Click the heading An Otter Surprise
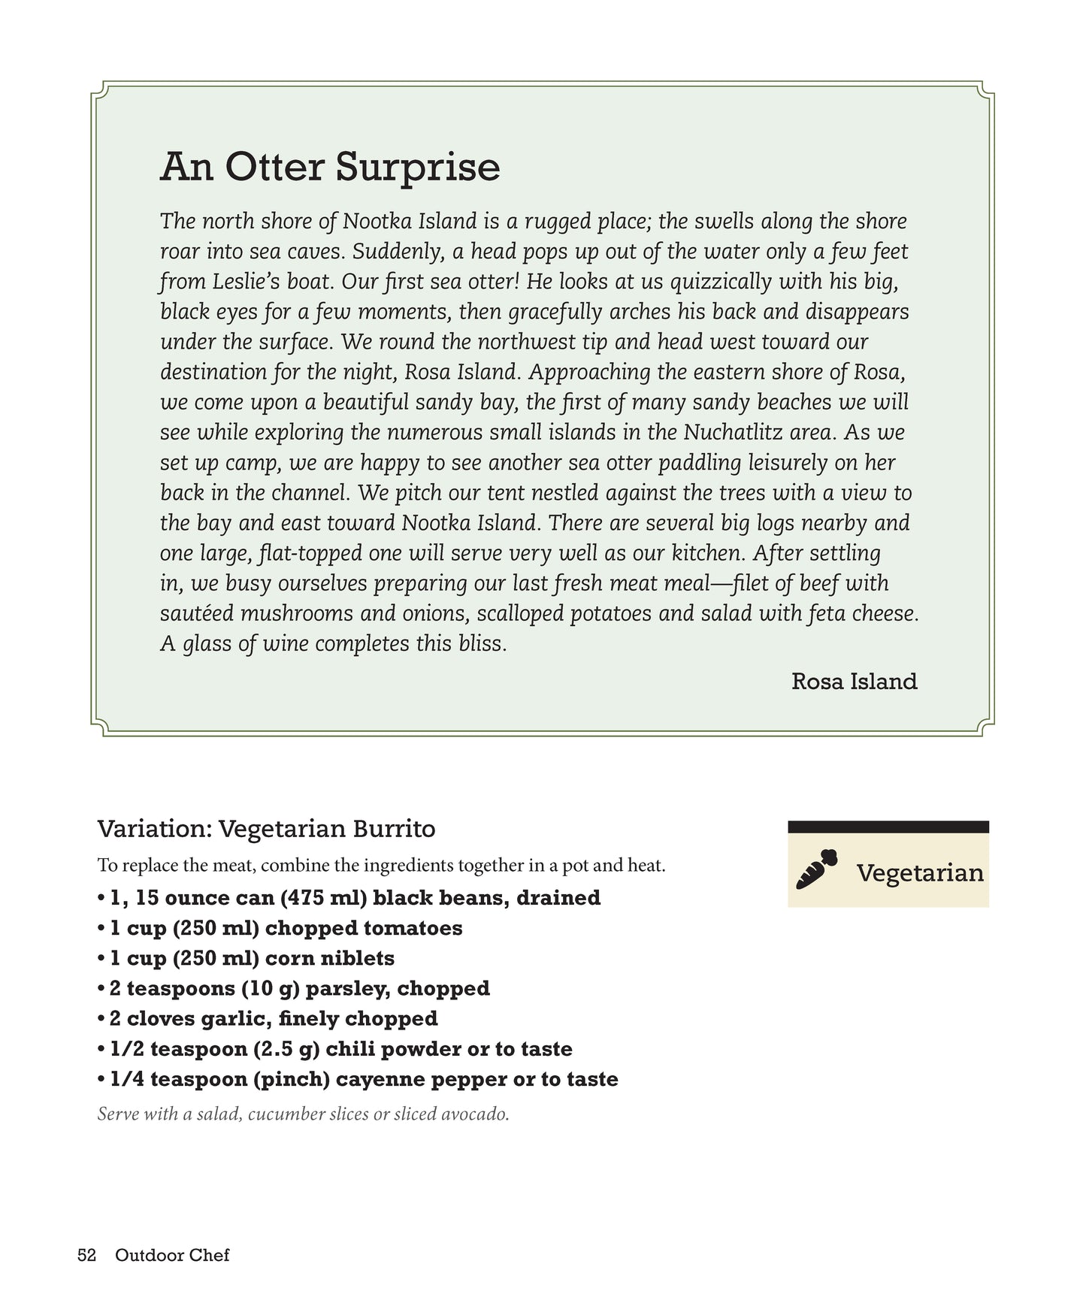coord(330,167)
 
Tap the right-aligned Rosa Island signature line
coord(854,682)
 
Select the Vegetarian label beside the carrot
coord(920,873)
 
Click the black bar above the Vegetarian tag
coord(888,827)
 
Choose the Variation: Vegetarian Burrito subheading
coord(267,830)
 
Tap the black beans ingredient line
coord(349,898)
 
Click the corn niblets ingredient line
coord(246,958)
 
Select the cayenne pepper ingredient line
coord(358,1079)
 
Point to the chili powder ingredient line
coord(334,1049)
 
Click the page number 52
coord(87,1256)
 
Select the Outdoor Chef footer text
coord(172,1256)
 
